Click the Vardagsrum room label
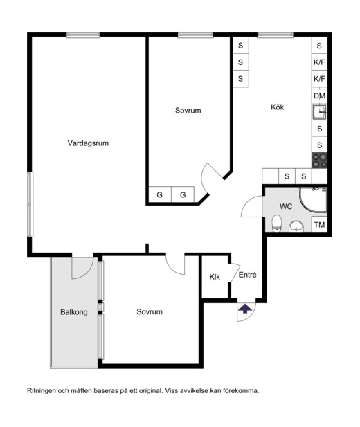[88, 143]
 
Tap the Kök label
[277, 107]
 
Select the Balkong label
[74, 312]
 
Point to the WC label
[286, 207]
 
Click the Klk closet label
[215, 277]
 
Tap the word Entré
[247, 275]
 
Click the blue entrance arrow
[245, 309]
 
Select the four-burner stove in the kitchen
[320, 161]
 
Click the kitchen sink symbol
[319, 112]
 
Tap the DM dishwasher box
[319, 96]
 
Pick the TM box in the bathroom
[319, 225]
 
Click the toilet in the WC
[277, 224]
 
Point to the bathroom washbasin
[296, 226]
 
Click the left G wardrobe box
[160, 194]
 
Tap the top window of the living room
[83, 35]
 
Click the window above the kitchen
[276, 35]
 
